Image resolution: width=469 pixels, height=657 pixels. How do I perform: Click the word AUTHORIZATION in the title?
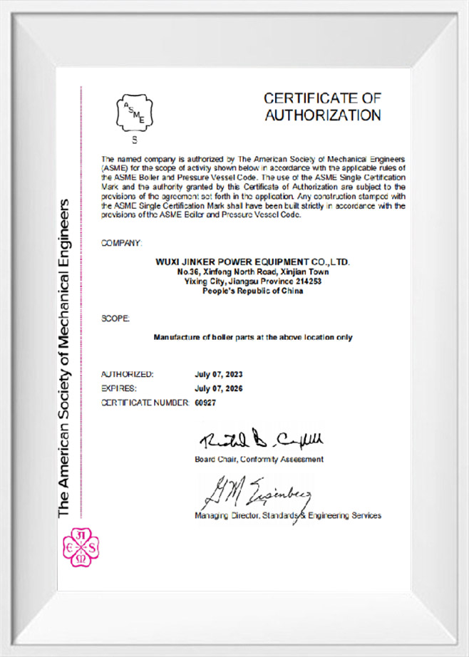[323, 115]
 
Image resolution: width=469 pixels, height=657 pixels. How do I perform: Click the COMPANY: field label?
[122, 243]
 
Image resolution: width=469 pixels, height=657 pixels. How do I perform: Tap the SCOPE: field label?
[115, 319]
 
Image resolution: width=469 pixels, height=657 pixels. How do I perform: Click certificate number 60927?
[205, 402]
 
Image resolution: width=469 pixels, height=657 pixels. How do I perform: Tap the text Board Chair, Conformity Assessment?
[259, 459]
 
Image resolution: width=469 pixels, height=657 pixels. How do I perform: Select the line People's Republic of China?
[253, 291]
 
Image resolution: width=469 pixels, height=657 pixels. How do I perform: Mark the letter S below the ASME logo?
[134, 140]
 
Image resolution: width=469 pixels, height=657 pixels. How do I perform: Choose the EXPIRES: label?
[119, 388]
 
